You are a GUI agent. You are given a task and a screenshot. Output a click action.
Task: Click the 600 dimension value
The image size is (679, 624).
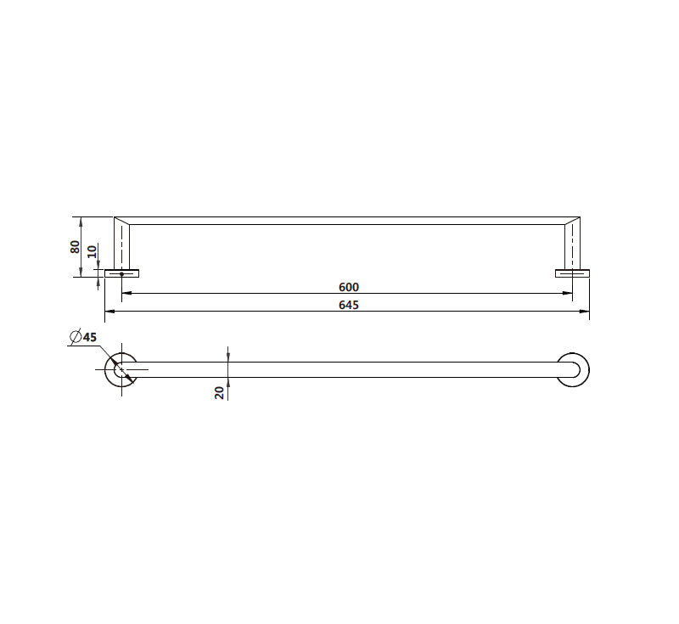[x=348, y=287]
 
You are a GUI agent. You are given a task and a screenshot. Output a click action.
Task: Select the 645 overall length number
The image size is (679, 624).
[x=348, y=305]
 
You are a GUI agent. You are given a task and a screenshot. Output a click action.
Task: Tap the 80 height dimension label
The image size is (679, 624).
[x=76, y=247]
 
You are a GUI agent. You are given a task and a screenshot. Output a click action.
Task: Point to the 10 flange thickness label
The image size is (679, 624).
[x=93, y=252]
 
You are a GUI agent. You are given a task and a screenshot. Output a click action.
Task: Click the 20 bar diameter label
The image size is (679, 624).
[x=220, y=392]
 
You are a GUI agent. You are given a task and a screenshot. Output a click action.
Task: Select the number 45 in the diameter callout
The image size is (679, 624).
[x=90, y=337]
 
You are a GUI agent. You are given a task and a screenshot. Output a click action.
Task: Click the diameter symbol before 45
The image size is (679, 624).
[x=75, y=337]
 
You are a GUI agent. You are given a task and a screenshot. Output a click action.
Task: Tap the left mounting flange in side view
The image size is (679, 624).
[x=121, y=273]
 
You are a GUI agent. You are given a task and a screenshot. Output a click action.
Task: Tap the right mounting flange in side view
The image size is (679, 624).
[x=572, y=273]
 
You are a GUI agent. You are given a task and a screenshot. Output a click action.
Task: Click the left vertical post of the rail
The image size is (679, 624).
[x=123, y=246]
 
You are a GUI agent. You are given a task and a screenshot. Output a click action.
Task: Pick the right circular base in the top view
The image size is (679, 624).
[x=573, y=369]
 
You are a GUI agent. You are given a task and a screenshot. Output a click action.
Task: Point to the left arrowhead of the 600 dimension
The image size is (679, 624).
[x=126, y=294]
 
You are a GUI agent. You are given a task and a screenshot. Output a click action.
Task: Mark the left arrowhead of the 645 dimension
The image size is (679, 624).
[x=108, y=312]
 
